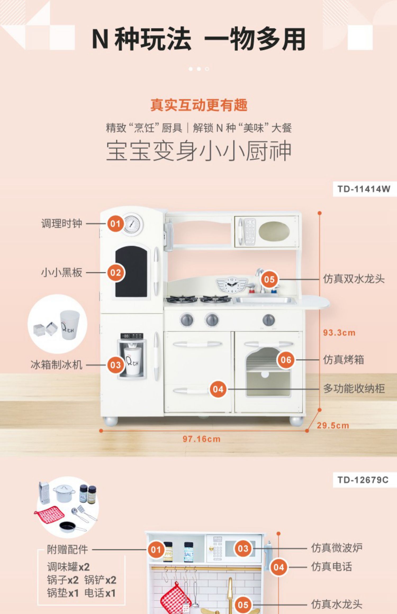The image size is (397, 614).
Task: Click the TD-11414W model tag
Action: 364,189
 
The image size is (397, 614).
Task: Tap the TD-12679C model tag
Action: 363,480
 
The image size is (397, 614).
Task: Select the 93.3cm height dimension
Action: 339,333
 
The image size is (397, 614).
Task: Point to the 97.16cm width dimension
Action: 201,439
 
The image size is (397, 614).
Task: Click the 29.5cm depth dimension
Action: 333,425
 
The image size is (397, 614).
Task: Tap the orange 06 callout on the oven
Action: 286,360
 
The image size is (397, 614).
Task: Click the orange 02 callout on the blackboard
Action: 115,273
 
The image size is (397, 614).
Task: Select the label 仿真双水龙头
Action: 354,279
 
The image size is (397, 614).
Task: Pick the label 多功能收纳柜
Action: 354,389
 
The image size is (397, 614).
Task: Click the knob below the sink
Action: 268,320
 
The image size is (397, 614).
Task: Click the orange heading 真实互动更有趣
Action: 199,105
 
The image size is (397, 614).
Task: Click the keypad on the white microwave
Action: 249,231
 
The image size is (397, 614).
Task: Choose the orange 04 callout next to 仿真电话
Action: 278,567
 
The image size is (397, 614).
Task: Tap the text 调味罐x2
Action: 69,567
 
